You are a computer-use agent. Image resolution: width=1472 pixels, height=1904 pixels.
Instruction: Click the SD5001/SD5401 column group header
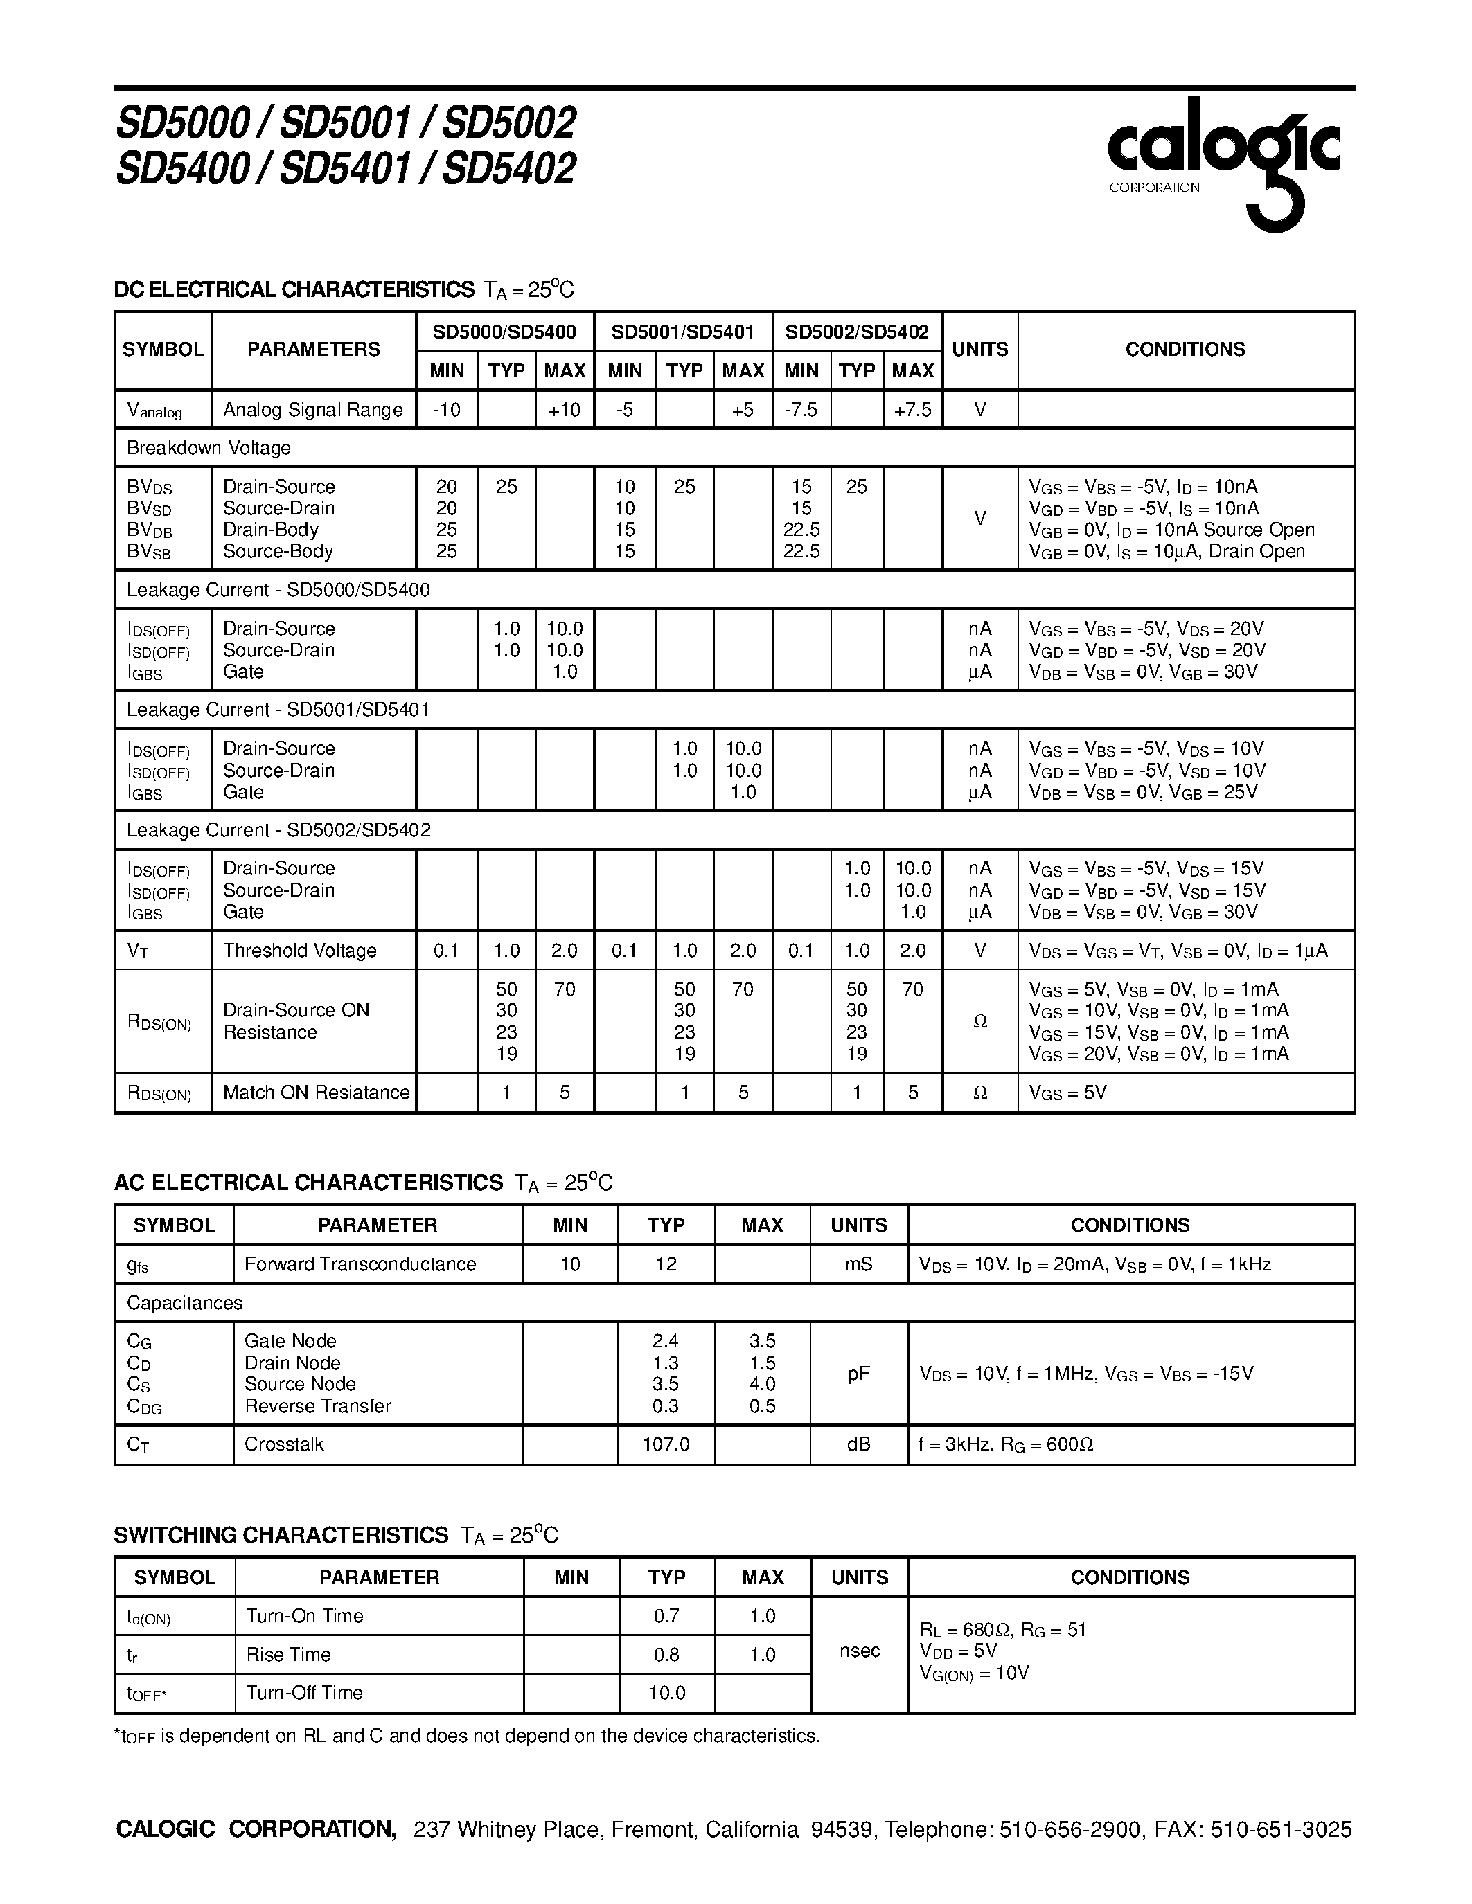pos(683,332)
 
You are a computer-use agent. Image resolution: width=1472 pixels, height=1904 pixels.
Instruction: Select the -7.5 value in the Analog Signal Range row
pos(801,410)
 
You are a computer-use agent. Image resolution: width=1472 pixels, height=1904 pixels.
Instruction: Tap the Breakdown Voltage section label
pos(209,448)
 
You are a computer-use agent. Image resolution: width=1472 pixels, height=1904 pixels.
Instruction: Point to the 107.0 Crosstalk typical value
pos(666,1444)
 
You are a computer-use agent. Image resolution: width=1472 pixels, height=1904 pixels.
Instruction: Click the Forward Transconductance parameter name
pos(360,1264)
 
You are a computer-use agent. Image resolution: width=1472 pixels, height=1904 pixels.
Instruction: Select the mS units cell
pos(858,1264)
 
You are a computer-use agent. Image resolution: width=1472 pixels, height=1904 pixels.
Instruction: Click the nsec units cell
pos(858,1651)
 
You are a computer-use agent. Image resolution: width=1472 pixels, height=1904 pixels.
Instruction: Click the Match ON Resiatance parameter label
pos(316,1093)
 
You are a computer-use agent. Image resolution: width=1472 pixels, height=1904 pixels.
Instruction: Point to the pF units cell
pos(858,1374)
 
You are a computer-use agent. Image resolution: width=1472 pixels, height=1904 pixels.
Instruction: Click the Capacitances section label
pos(184,1303)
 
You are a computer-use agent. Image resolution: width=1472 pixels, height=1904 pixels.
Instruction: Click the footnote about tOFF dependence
pos(467,1736)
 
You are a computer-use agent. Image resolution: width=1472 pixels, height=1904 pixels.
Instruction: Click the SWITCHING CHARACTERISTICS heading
pos(281,1535)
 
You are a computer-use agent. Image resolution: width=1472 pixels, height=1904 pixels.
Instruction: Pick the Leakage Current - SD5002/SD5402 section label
pos(278,830)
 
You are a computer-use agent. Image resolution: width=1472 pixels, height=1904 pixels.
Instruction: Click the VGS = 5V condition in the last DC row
pos(1067,1093)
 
